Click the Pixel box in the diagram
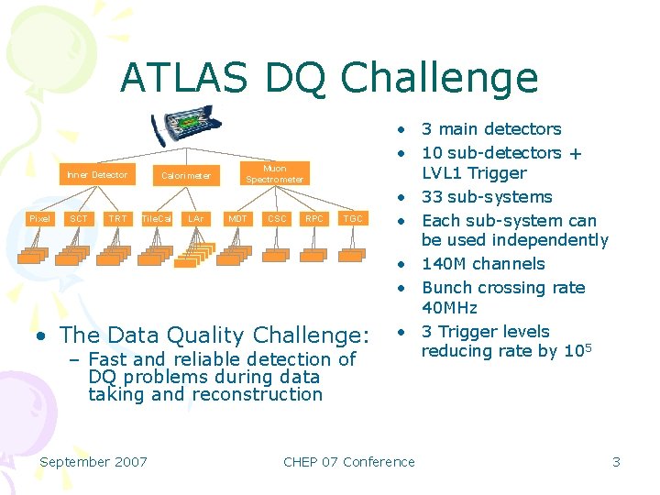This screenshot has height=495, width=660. (39, 219)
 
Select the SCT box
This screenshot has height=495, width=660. (79, 219)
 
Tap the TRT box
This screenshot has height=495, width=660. (117, 219)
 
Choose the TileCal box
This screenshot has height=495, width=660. (157, 219)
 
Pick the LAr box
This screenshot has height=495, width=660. (195, 219)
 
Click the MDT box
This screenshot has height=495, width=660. (237, 219)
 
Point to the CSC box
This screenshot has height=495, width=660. (276, 219)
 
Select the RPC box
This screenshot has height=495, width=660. (314, 219)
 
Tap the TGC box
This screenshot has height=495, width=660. (353, 219)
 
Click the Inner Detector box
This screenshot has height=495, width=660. (96, 174)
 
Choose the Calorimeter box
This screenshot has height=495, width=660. (185, 174)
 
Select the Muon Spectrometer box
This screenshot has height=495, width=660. (274, 173)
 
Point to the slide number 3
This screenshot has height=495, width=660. (617, 462)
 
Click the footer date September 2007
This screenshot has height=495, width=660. (93, 462)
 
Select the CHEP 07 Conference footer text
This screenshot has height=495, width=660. (349, 462)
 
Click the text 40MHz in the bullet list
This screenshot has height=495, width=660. (449, 308)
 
